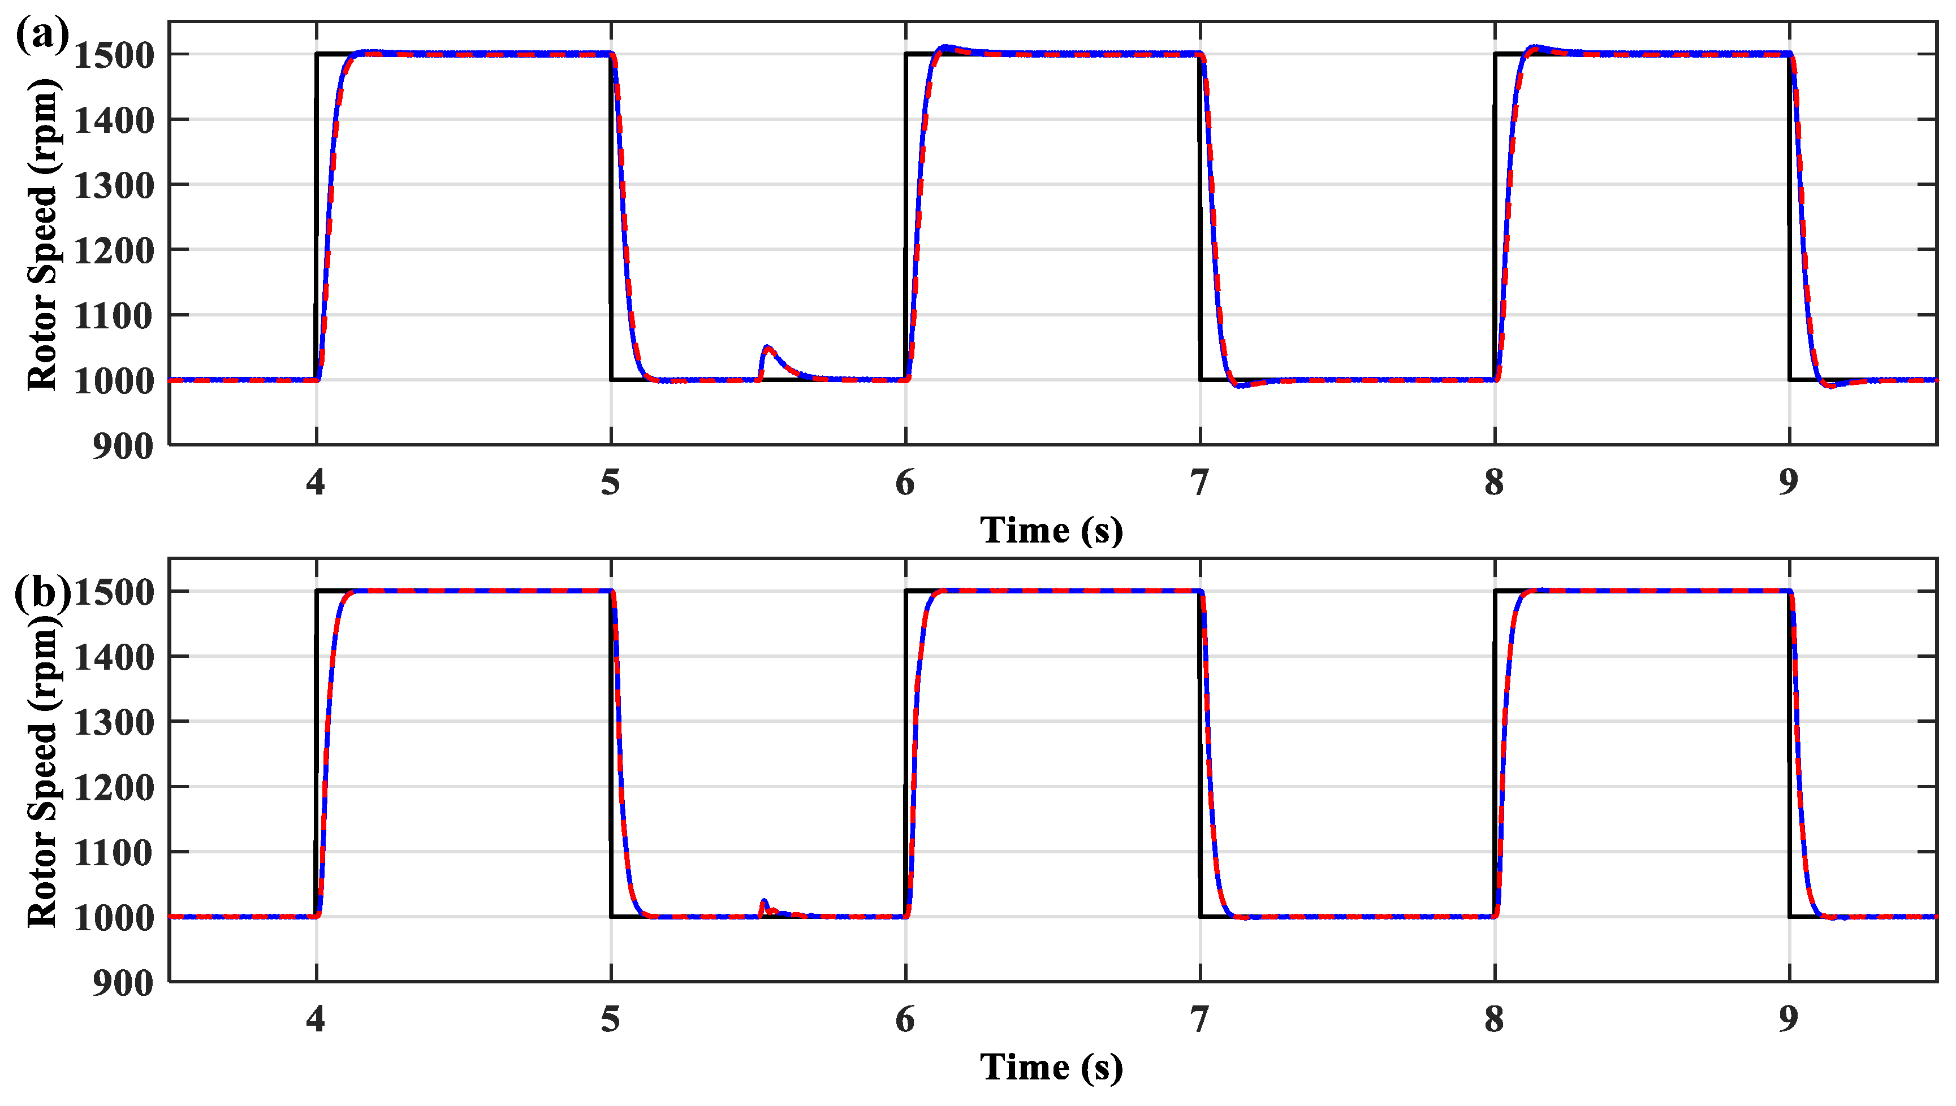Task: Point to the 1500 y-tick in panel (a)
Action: click(x=113, y=55)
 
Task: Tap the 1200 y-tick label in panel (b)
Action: click(x=113, y=788)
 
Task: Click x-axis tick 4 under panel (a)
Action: click(x=316, y=483)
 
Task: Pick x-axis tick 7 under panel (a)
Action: click(x=1199, y=483)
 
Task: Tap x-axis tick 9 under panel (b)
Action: click(x=1788, y=1020)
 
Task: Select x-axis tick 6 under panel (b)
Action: click(x=904, y=1020)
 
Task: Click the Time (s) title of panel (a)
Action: click(x=1051, y=530)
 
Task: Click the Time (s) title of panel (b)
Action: click(x=1051, y=1067)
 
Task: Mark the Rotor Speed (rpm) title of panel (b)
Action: click(x=42, y=771)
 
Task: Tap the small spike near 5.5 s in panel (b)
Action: click(x=764, y=901)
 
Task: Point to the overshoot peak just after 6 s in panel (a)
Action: click(x=944, y=47)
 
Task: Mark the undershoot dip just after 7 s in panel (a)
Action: click(x=1240, y=386)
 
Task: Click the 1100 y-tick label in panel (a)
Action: click(x=113, y=316)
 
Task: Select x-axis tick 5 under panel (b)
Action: click(x=610, y=1020)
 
